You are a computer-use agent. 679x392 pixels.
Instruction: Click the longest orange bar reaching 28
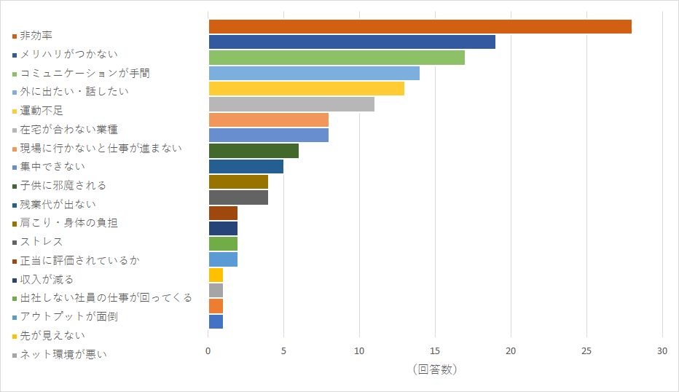[420, 26]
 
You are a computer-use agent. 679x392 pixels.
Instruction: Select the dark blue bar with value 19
[352, 42]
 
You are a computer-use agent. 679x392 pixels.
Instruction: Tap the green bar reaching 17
[337, 58]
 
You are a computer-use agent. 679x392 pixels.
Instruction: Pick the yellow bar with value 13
[306, 89]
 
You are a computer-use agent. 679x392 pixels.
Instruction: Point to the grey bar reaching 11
[291, 104]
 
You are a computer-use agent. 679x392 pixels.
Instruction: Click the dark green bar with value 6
[254, 151]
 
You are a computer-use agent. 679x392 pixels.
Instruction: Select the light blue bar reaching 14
[314, 73]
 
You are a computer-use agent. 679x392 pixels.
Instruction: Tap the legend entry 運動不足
[42, 111]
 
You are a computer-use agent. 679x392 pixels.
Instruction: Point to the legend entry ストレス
[42, 242]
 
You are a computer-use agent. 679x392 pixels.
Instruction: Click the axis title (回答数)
[435, 369]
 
